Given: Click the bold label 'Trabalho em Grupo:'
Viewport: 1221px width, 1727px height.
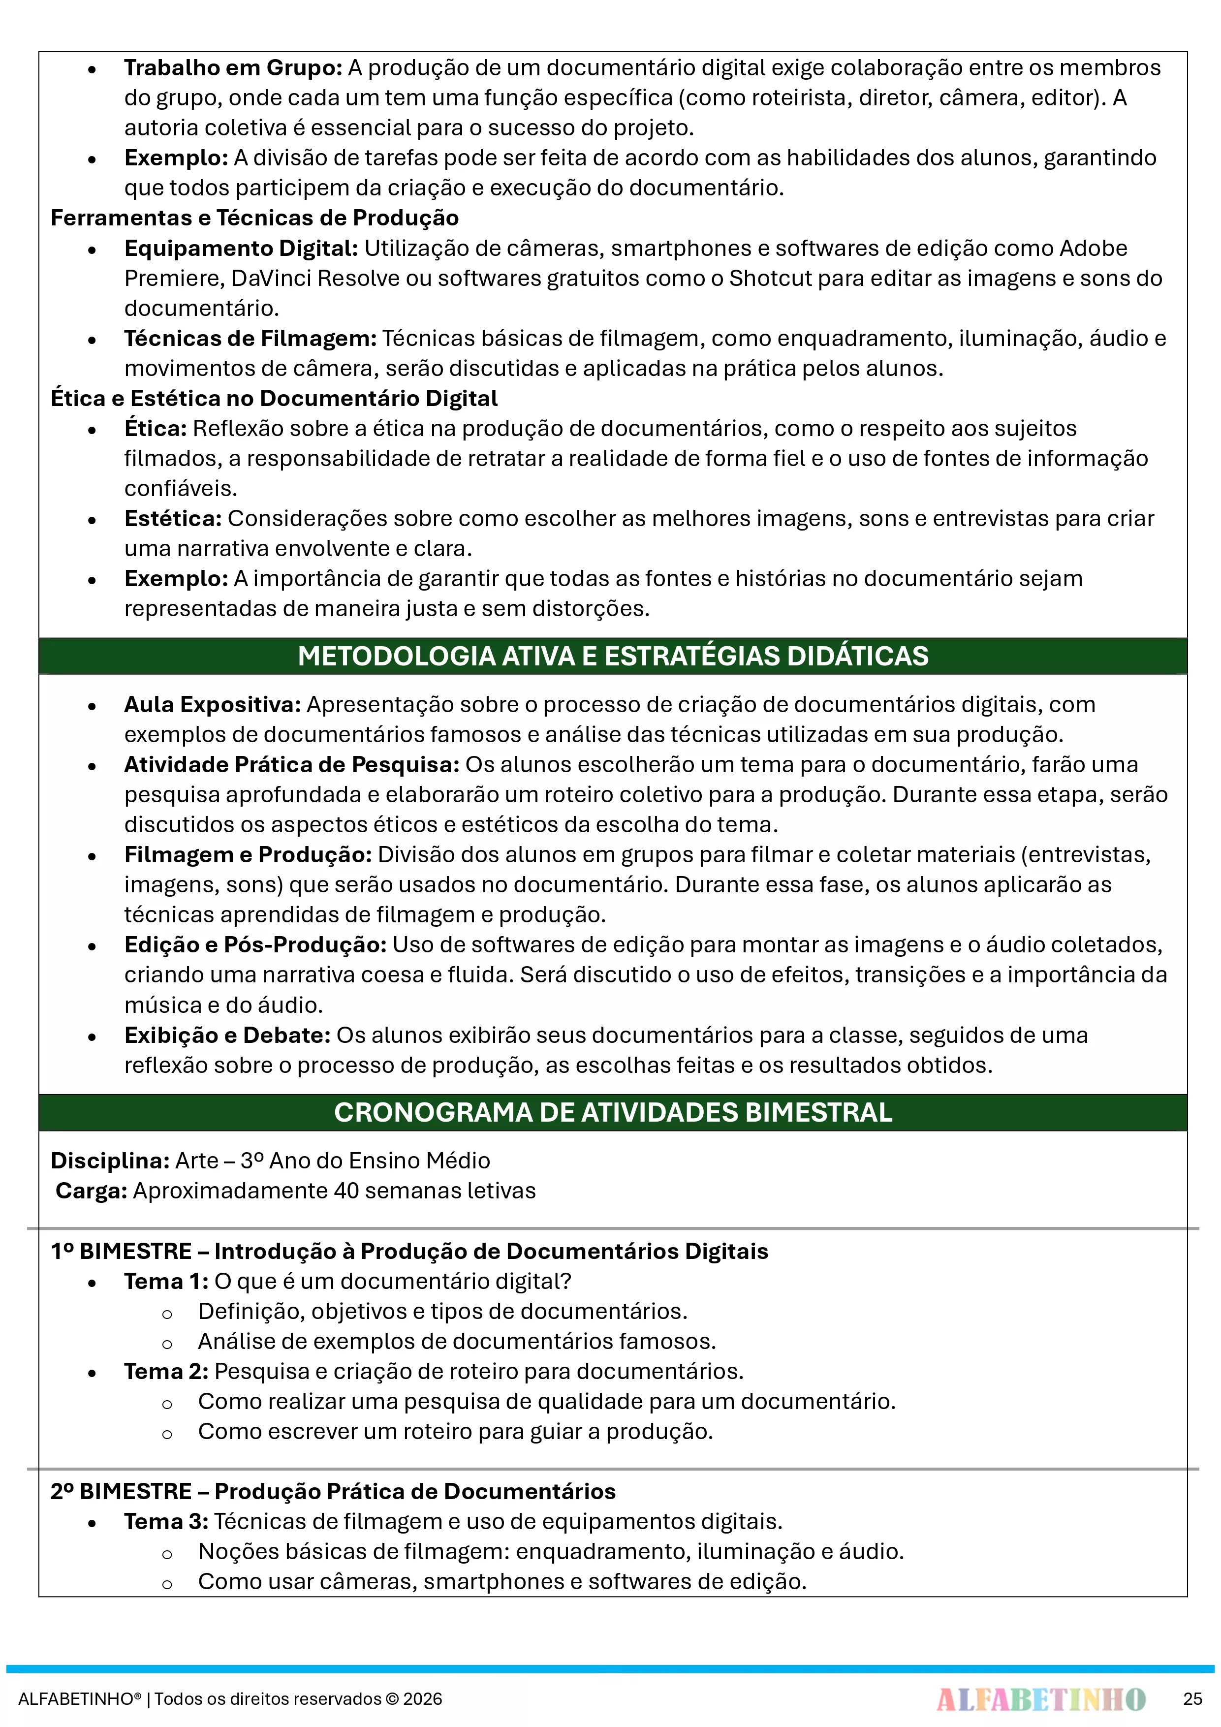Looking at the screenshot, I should tap(232, 68).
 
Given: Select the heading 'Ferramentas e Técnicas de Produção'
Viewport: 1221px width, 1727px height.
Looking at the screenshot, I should tap(254, 218).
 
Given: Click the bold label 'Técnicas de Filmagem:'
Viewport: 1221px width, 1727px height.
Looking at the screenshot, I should tap(250, 339).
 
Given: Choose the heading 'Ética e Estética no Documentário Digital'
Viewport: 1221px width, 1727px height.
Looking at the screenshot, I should tap(274, 399).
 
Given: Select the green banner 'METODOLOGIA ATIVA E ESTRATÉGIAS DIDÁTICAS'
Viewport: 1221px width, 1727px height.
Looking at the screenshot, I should tap(612, 656).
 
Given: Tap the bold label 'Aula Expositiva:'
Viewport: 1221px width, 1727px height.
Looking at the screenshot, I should tap(212, 705).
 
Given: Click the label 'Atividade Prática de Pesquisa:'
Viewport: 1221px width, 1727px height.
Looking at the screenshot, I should tap(291, 765).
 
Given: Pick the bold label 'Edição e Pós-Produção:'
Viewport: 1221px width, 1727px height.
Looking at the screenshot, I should tap(255, 945).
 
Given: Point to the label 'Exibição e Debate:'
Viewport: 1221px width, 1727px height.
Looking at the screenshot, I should tap(227, 1036).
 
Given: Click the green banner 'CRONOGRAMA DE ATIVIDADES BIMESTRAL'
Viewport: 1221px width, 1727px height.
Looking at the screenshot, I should tap(612, 1112).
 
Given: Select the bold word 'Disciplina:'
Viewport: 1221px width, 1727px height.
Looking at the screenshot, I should tap(110, 1161).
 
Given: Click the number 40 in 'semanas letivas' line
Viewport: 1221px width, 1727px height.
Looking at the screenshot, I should tap(346, 1191).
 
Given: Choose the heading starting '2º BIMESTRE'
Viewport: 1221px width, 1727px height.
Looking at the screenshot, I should tap(333, 1492).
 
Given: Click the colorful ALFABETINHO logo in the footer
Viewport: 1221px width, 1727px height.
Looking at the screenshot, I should tap(1040, 1699).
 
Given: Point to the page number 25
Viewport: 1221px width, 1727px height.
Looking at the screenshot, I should tap(1192, 1699).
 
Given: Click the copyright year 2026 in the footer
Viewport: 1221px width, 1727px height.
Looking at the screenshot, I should tap(423, 1699).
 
